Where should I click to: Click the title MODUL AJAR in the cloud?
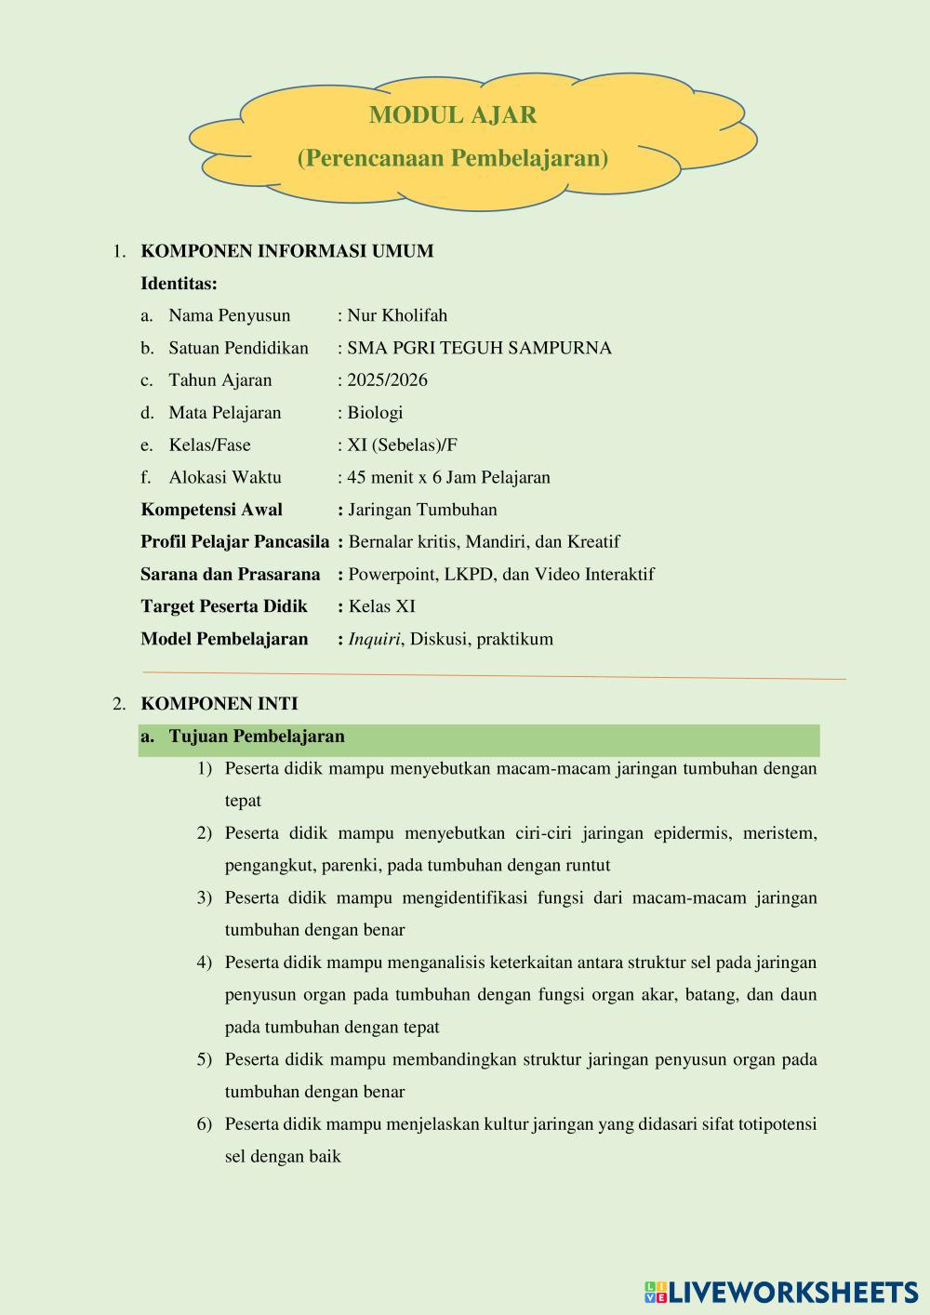pos(453,115)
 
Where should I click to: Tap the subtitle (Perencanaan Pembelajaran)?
pos(453,158)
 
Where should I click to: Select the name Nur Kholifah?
pos(397,315)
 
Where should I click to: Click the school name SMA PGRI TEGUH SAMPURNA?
pos(479,348)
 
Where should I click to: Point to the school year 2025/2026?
pos(387,380)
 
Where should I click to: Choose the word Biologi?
pos(375,413)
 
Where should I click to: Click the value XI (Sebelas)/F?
pos(402,445)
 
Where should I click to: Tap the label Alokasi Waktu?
pos(225,477)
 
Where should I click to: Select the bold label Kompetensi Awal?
pos(211,510)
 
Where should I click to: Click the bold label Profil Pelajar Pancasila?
pos(234,542)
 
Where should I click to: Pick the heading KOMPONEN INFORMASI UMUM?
pos(286,251)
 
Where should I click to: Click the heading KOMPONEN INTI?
pos(219,704)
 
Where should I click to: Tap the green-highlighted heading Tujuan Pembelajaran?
pos(257,737)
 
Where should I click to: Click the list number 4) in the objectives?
pos(205,963)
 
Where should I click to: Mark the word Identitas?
pos(179,284)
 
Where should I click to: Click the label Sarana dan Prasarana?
pos(230,575)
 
